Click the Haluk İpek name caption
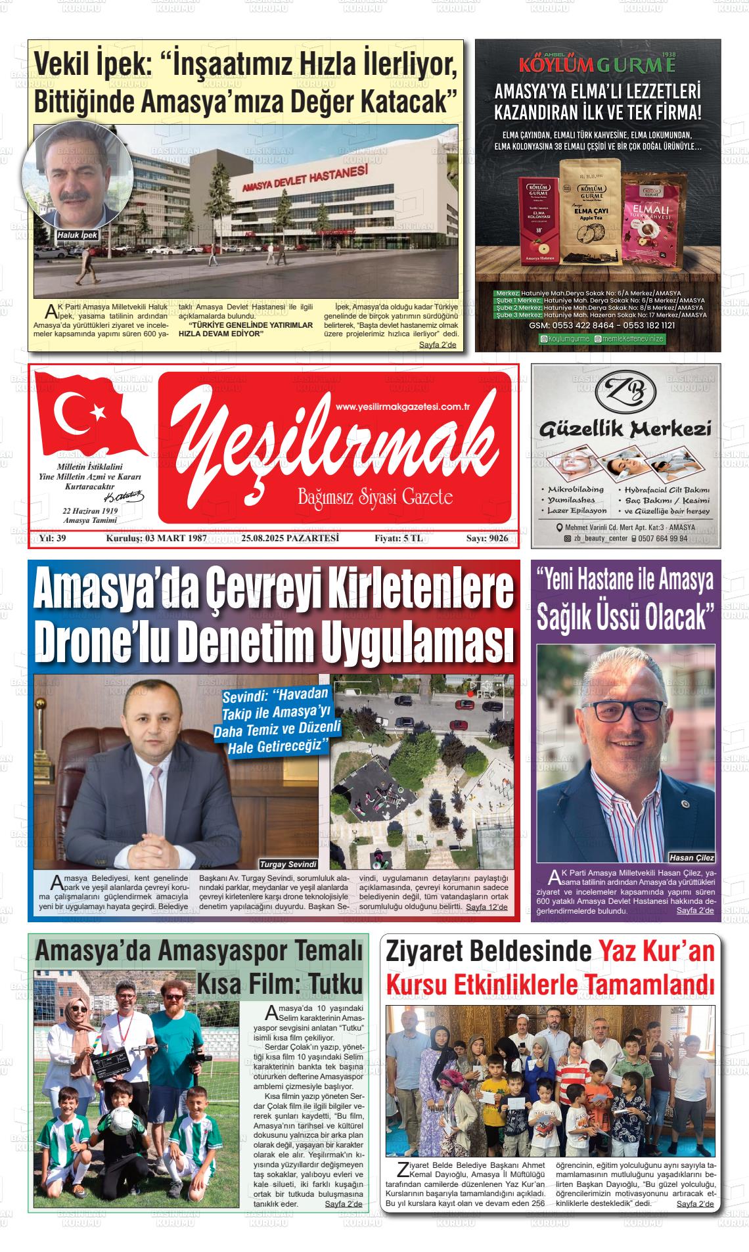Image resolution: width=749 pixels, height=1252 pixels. (x=76, y=235)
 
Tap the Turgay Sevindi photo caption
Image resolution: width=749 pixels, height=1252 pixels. (x=288, y=864)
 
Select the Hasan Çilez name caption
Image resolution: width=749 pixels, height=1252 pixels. (x=691, y=857)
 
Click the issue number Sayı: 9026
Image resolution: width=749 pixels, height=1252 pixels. (x=487, y=539)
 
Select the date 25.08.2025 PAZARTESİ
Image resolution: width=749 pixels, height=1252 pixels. (x=290, y=539)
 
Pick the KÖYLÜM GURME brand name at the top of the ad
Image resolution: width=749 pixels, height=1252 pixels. (x=597, y=65)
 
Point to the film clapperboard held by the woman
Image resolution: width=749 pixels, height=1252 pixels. (x=110, y=1068)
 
